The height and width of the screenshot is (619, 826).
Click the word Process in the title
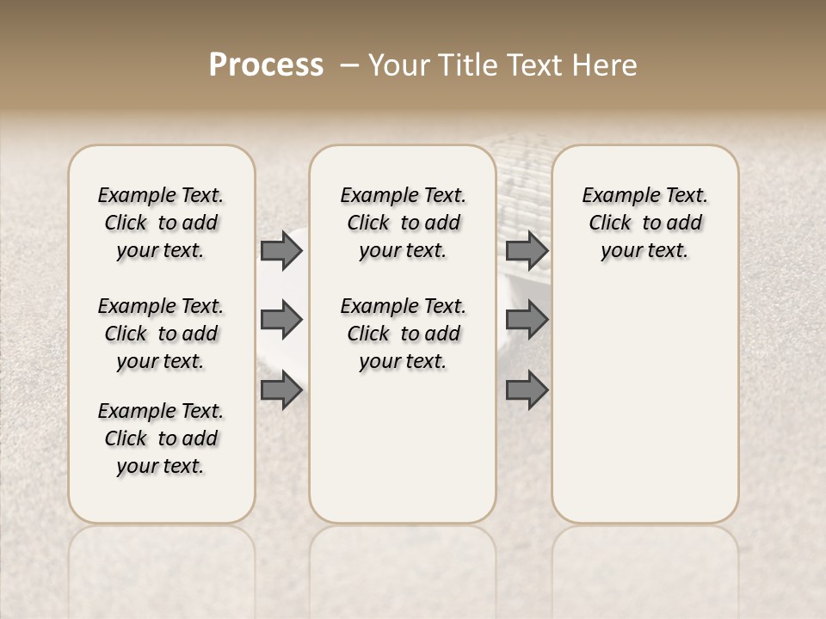[266, 65]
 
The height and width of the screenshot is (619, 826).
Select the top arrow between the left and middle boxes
[281, 251]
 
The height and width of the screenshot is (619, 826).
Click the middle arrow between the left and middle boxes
[281, 320]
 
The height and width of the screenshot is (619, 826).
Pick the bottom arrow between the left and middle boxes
[281, 390]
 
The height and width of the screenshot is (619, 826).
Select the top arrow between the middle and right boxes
[527, 251]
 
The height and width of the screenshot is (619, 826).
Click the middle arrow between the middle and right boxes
[527, 320]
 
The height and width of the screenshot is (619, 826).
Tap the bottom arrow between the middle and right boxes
[527, 390]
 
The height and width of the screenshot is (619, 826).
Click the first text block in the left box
[161, 223]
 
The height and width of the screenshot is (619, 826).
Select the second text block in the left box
[161, 334]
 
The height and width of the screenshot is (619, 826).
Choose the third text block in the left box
[161, 438]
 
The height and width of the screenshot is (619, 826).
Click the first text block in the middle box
[403, 223]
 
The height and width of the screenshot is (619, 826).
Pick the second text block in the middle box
[403, 334]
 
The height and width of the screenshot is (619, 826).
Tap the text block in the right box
[645, 223]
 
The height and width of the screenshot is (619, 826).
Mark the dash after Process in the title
[349, 65]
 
